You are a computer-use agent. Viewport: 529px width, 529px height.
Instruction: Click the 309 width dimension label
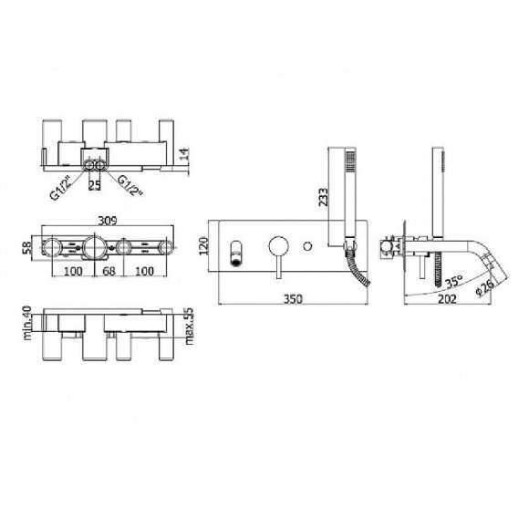(x=108, y=221)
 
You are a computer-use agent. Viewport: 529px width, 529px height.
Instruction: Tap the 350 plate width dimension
(x=293, y=299)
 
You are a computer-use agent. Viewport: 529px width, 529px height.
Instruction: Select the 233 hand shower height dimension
(x=323, y=197)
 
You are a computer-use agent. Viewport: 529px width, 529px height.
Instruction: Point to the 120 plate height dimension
(x=203, y=246)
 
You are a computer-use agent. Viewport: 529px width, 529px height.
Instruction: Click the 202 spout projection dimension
(x=446, y=299)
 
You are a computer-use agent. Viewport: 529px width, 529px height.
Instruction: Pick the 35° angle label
(x=453, y=282)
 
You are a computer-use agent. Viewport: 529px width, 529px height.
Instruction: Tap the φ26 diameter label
(x=485, y=287)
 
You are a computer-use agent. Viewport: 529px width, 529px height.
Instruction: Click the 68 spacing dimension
(x=109, y=271)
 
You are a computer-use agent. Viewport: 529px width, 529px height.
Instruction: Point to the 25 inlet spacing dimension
(x=95, y=185)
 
